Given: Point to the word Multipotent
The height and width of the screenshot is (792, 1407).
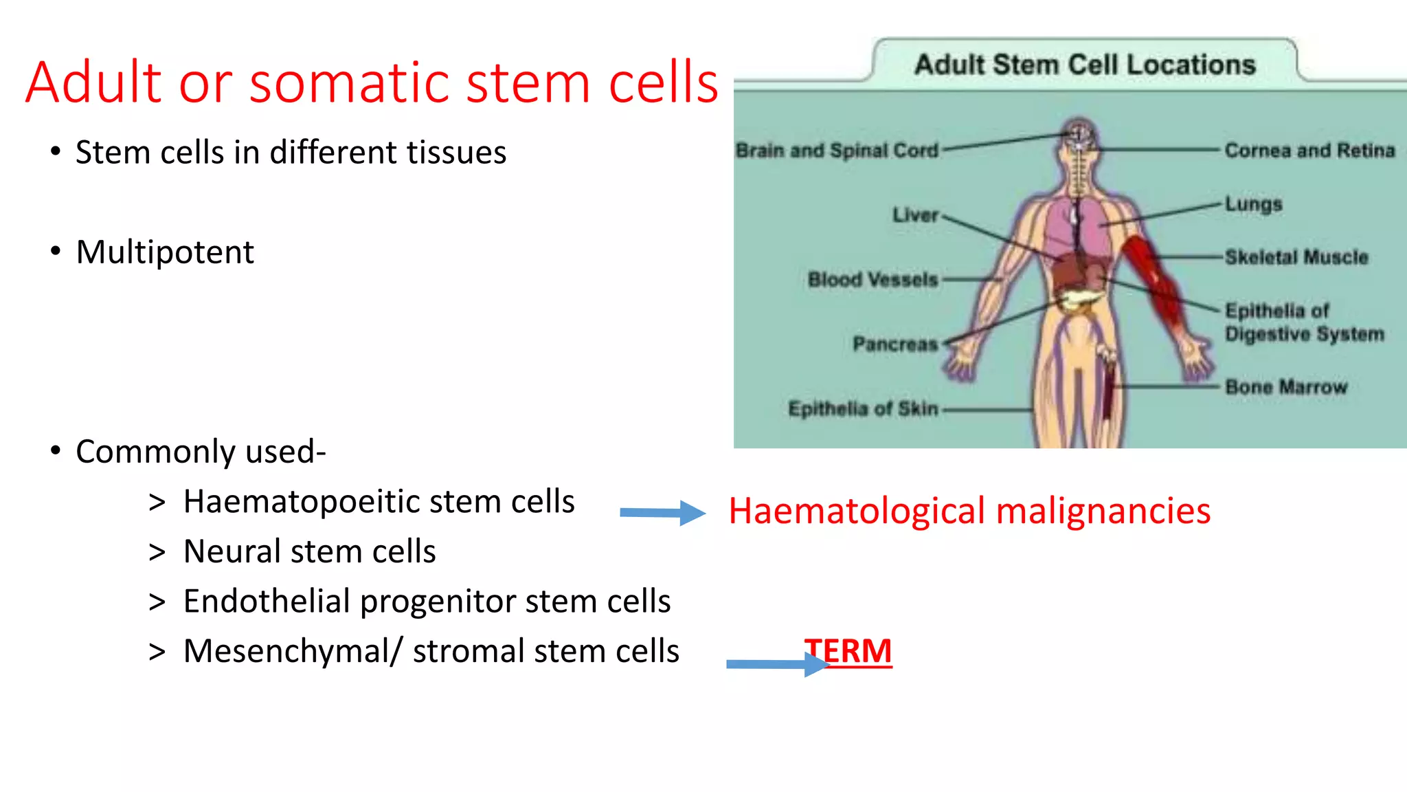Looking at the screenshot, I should point(165,252).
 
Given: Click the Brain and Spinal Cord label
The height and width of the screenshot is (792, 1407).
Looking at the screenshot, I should point(836,150).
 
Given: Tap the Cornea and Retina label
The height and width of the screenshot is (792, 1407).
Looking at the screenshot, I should point(1309,150).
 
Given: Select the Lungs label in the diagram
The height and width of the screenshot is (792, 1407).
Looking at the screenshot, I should point(1253,204).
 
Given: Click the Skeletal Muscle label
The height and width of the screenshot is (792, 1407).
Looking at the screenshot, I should point(1296,257).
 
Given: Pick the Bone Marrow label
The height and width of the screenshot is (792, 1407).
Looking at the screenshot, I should point(1285,387).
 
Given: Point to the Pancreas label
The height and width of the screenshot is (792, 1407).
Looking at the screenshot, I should point(894,344).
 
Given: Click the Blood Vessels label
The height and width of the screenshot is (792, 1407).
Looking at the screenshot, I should point(873,280).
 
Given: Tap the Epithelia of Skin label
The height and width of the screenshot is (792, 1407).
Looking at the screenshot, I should point(862,408).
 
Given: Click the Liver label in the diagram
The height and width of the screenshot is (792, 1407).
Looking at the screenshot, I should point(914,215).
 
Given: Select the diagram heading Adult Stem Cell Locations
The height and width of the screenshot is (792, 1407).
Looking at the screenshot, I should point(1084,65).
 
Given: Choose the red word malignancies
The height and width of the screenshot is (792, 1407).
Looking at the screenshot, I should point(1103,511).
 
